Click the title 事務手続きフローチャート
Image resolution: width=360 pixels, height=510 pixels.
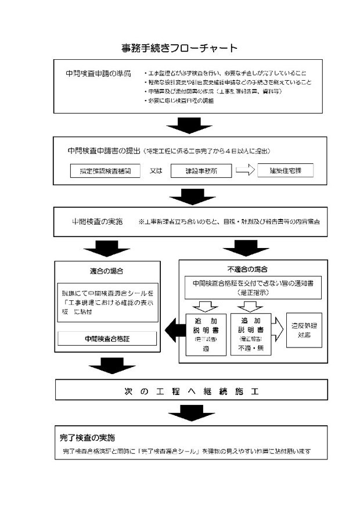click(179, 48)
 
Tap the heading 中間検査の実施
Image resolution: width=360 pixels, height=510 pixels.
click(97, 221)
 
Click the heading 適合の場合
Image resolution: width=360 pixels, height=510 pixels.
click(107, 271)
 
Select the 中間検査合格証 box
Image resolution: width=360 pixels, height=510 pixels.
click(108, 337)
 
